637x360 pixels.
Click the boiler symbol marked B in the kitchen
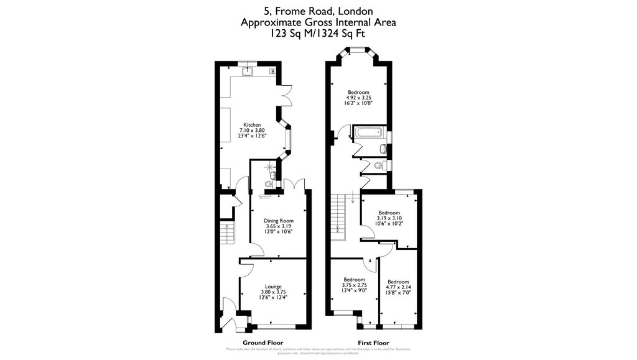tap(272, 72)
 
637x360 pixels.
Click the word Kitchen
tap(252, 124)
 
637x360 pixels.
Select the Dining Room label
tap(278, 221)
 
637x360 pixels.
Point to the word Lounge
tap(273, 287)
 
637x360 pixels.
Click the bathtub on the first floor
tap(369, 132)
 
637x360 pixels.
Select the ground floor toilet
tap(268, 184)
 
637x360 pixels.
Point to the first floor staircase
tap(338, 215)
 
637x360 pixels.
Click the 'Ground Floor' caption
tap(263, 343)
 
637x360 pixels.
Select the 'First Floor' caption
tap(373, 343)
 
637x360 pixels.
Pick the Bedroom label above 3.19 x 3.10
tap(389, 212)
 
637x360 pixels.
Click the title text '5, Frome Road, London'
tap(318, 11)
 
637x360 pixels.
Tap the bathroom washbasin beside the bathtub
tap(383, 148)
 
